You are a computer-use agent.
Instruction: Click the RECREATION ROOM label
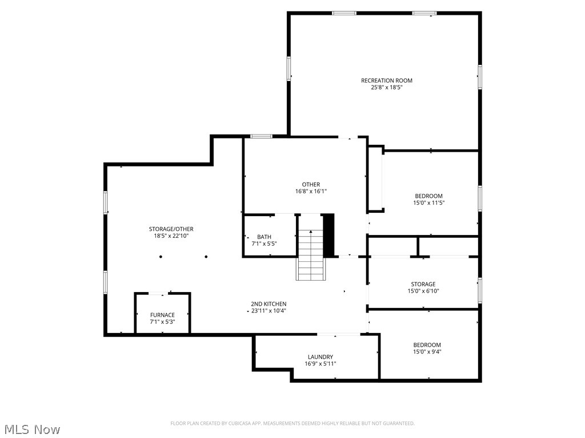386,80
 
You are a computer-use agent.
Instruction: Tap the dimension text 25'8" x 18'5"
386,88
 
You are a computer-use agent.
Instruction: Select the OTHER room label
311,184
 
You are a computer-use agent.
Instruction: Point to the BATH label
264,237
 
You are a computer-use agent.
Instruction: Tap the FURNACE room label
162,315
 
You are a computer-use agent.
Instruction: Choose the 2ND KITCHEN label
269,304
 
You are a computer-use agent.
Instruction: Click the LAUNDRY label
320,357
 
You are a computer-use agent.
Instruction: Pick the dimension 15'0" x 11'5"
428,203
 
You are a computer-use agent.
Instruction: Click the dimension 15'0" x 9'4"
427,352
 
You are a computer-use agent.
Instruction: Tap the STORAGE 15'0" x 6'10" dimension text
423,291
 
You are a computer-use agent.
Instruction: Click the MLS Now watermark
32,429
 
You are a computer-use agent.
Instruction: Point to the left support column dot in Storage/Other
161,257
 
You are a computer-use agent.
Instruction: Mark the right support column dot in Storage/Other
206,257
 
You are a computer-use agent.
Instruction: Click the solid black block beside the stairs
328,235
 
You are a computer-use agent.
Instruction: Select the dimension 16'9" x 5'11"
320,364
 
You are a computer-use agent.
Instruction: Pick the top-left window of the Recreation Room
344,13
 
